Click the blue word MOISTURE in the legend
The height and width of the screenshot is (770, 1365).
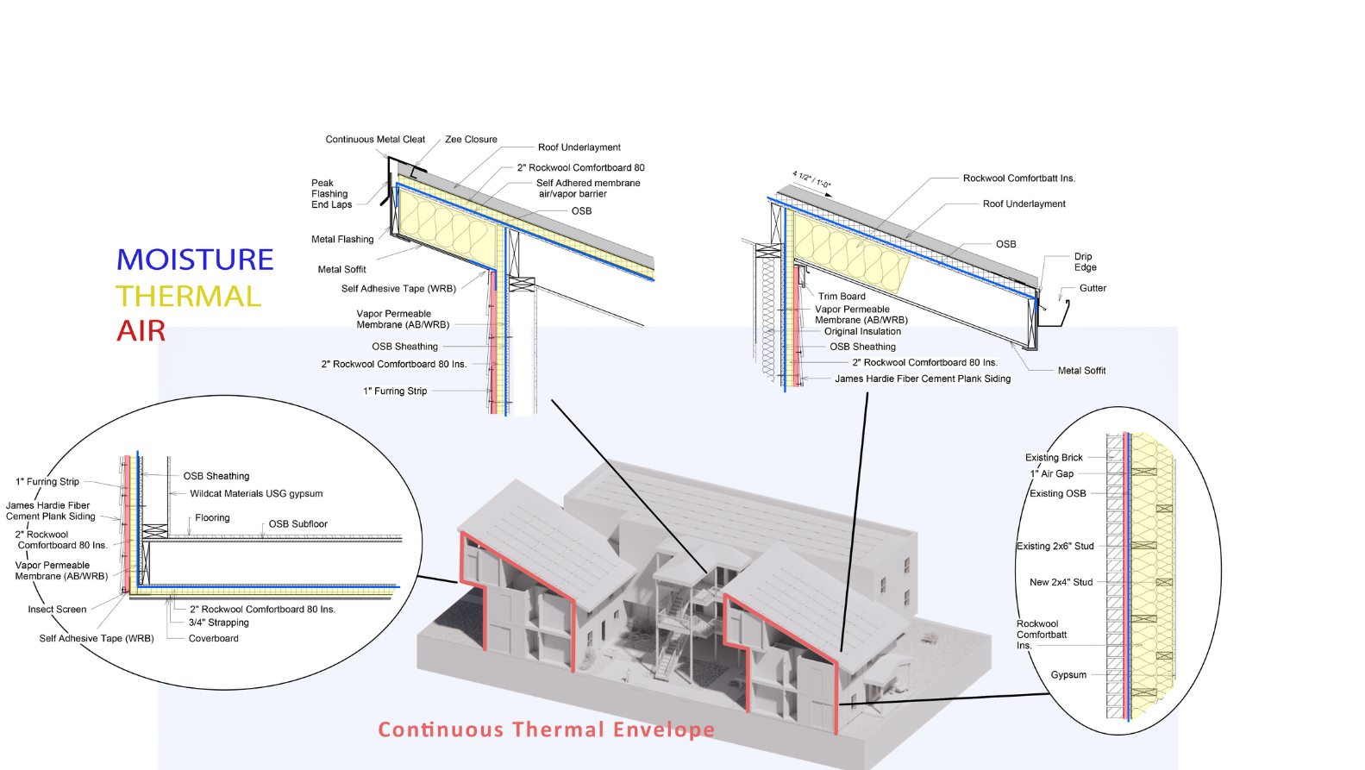click(195, 260)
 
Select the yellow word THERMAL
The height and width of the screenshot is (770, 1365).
click(188, 296)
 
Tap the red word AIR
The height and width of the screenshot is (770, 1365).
click(141, 331)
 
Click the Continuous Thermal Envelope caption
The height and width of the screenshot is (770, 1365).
click(546, 729)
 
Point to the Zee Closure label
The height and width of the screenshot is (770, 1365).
click(471, 140)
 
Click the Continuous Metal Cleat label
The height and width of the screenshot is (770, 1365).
click(375, 140)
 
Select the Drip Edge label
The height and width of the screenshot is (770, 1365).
click(1085, 262)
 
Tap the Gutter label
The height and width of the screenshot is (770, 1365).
click(1093, 288)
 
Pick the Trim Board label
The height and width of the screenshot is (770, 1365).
click(842, 296)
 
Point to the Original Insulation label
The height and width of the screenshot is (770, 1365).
click(862, 331)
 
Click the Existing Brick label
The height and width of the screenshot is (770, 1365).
click(1054, 458)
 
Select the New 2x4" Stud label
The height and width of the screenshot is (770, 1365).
click(1061, 582)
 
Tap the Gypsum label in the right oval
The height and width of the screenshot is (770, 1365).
click(1068, 675)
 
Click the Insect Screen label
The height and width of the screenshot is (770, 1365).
click(57, 609)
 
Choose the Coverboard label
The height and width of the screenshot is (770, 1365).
click(213, 638)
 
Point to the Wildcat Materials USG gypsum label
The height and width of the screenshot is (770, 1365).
click(256, 493)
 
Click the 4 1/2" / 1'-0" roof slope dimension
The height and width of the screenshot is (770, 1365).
click(811, 179)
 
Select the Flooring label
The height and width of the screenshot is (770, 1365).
click(212, 518)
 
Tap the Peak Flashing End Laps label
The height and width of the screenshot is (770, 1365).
click(331, 194)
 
